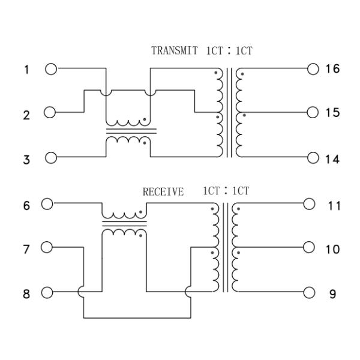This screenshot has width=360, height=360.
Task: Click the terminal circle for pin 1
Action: [x=50, y=69]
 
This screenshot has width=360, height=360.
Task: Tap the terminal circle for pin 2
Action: [x=50, y=112]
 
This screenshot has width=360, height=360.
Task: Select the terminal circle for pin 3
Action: [x=50, y=158]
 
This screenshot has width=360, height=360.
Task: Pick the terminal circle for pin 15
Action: [x=311, y=112]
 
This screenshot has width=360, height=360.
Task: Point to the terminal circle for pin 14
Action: [x=311, y=158]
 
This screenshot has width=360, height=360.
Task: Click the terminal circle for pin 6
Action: [x=48, y=203]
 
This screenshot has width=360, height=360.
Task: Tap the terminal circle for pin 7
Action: [x=48, y=247]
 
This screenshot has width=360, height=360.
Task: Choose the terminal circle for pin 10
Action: [x=309, y=247]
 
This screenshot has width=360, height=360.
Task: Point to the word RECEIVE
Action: [x=163, y=192]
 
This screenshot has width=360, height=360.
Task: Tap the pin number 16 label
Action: [x=332, y=69]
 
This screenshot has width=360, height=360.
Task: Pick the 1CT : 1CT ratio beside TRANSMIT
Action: [x=229, y=51]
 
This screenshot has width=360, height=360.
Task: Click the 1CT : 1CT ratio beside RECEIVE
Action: [x=225, y=191]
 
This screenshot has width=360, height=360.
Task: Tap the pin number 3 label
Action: [x=26, y=160]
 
